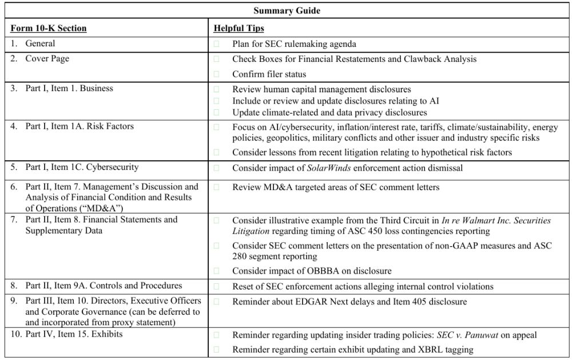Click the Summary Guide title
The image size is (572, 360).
[287, 10]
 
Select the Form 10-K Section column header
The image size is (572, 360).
[49, 28]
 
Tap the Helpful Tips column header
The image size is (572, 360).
[239, 28]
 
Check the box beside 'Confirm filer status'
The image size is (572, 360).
[217, 74]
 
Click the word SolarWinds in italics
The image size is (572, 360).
[329, 168]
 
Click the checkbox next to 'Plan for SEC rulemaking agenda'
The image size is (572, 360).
[217, 43]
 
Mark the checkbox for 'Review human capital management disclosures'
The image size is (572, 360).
[217, 89]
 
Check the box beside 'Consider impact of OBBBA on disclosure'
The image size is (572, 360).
[217, 270]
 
